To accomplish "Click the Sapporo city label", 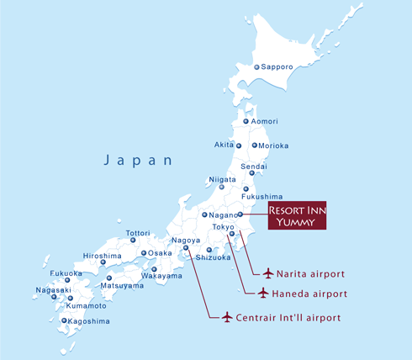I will click(278, 66).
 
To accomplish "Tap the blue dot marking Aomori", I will click(246, 122).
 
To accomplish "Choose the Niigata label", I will click(222, 179).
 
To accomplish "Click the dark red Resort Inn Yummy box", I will click(297, 216).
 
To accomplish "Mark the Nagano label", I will click(223, 214).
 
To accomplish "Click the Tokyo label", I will click(223, 227).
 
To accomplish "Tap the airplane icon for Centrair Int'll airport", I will click(225, 317).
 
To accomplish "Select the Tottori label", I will click(138, 232).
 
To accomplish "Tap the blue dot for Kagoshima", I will click(65, 320).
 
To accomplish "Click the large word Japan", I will click(139, 160).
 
